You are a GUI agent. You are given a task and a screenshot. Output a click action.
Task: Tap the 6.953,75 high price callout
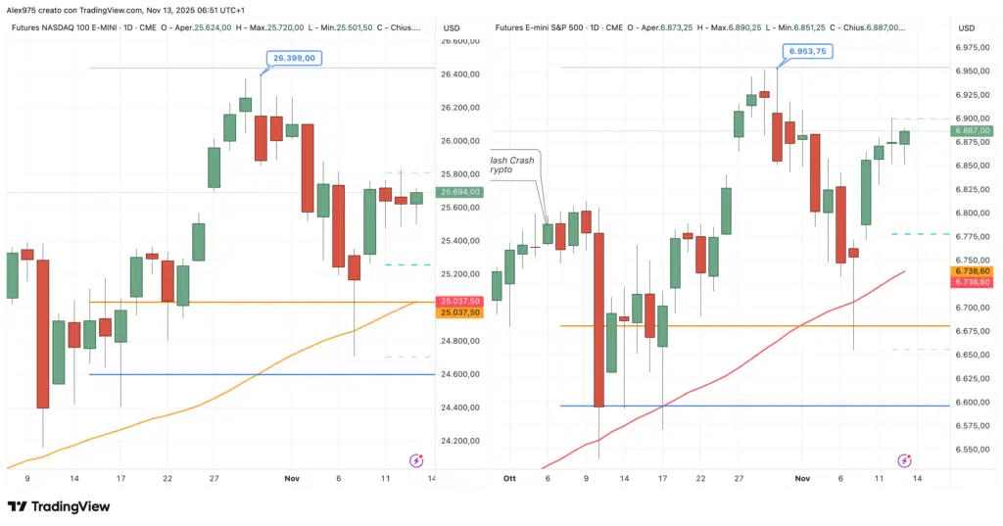pyautogui.click(x=805, y=51)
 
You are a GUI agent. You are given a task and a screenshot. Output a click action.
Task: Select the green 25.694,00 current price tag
pyautogui.click(x=461, y=193)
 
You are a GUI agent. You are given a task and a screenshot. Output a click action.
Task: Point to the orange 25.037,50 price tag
pyautogui.click(x=461, y=312)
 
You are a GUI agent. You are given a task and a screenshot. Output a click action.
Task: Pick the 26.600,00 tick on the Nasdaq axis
pyautogui.click(x=461, y=40)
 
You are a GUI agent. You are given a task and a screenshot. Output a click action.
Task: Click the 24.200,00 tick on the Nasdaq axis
pyautogui.click(x=461, y=441)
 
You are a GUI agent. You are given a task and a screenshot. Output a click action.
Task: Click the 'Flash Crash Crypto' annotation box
pyautogui.click(x=514, y=164)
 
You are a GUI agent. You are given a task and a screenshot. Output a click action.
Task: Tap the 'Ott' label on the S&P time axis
pyautogui.click(x=508, y=478)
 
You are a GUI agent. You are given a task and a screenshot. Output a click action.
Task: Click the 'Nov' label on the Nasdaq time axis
pyautogui.click(x=291, y=478)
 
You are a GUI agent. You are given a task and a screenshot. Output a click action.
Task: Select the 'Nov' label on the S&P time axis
pyautogui.click(x=803, y=478)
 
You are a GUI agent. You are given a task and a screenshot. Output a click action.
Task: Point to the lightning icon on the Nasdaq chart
pyautogui.click(x=415, y=459)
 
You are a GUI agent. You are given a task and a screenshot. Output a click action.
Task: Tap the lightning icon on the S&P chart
pyautogui.click(x=904, y=459)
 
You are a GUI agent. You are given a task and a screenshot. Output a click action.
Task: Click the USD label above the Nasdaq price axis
pyautogui.click(x=452, y=27)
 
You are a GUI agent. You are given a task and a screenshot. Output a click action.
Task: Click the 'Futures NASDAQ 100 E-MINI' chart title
pyautogui.click(x=65, y=27)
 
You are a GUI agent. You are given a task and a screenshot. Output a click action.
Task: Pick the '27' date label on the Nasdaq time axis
pyautogui.click(x=213, y=478)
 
